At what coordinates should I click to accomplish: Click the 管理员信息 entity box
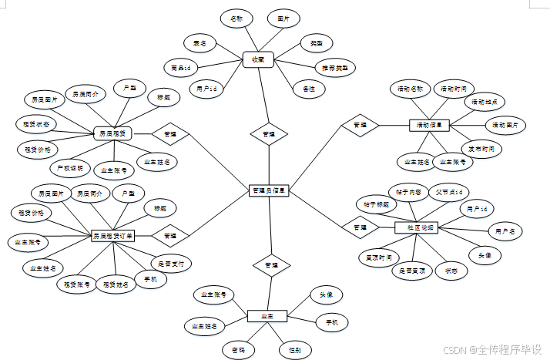[269, 190]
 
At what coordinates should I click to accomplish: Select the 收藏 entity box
[258, 59]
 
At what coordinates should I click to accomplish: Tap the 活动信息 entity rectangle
[428, 125]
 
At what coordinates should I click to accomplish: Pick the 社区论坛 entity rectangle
[417, 227]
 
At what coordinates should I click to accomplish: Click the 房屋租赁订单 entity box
[112, 235]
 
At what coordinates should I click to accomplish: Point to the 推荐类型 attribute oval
[334, 68]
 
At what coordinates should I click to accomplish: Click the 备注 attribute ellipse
[309, 89]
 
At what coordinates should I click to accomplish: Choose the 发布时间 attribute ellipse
[483, 148]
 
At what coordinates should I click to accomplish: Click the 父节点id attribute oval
[448, 191]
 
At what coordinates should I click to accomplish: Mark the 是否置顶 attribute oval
[412, 271]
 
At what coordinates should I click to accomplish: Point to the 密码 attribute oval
[240, 350]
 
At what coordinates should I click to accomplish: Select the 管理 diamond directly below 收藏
[268, 134]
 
